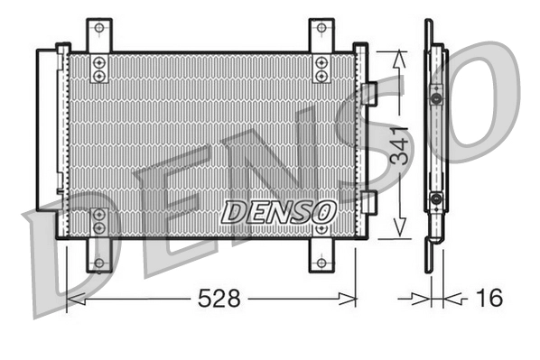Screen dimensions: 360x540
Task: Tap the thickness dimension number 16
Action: (488, 298)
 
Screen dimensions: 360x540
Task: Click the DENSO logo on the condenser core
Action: (278, 211)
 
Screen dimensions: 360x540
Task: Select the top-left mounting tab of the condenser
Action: (99, 34)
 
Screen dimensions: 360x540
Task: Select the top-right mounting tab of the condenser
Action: (321, 34)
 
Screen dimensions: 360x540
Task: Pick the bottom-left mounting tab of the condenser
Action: (99, 256)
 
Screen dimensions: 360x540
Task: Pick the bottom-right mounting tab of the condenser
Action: (321, 256)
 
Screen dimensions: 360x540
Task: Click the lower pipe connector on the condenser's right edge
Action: (368, 199)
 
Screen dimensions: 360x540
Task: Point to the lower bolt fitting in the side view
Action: (436, 199)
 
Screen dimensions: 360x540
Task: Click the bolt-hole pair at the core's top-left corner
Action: (99, 68)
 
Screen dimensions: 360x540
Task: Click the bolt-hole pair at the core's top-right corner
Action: (321, 68)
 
